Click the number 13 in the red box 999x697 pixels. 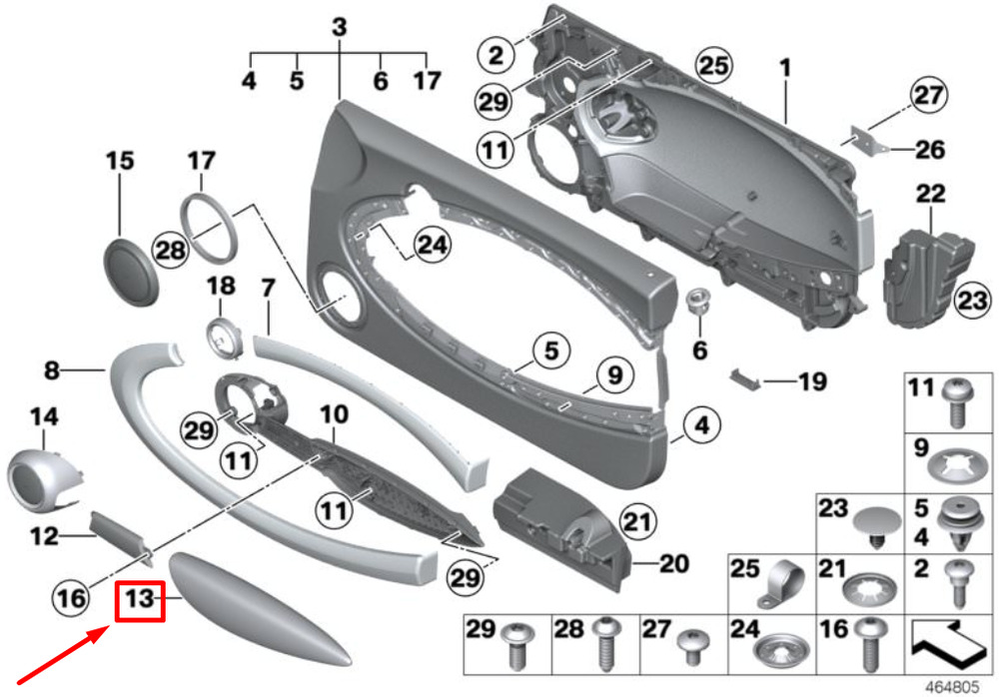click(140, 599)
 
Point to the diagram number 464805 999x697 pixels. click(952, 688)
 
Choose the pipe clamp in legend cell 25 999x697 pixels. click(782, 585)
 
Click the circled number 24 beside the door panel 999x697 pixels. click(432, 245)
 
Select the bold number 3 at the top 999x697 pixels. click(339, 27)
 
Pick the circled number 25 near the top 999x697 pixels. click(713, 66)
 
